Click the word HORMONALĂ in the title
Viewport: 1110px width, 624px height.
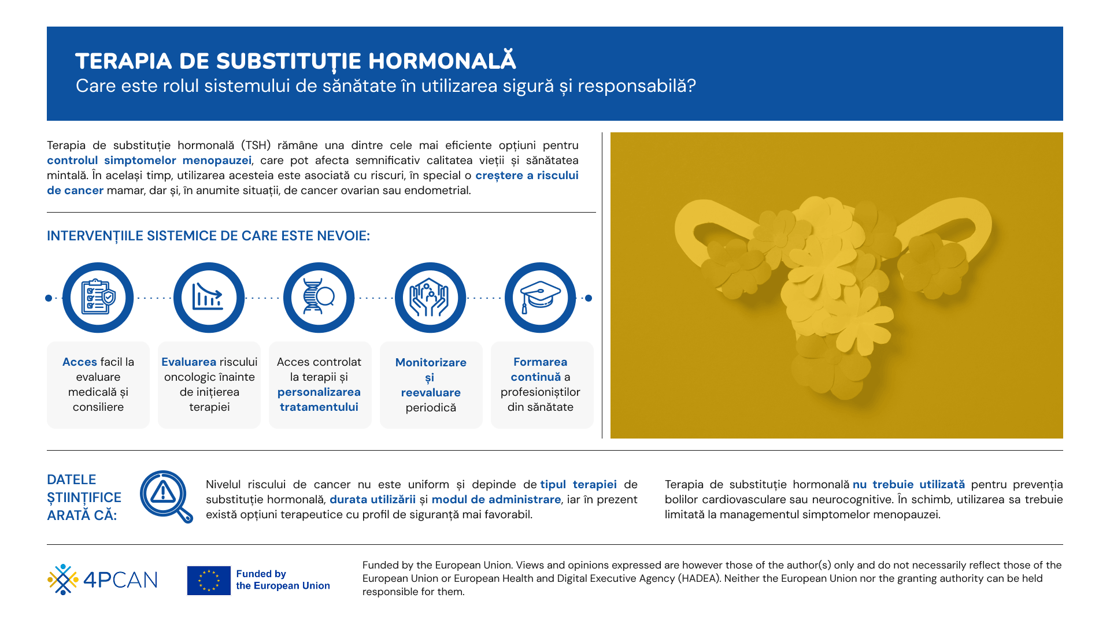tap(442, 61)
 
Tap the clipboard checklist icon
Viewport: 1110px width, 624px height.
tap(98, 298)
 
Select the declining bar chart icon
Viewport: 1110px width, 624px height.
tap(209, 298)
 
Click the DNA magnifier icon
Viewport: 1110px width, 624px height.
tap(319, 298)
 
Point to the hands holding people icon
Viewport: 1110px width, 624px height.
tap(430, 298)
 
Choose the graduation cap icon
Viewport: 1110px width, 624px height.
tap(541, 298)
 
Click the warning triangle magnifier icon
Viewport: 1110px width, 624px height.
tap(166, 496)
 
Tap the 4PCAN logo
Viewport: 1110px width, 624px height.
tap(102, 580)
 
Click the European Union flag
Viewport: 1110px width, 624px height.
tap(209, 580)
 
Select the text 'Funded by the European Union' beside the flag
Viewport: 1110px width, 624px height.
tap(283, 580)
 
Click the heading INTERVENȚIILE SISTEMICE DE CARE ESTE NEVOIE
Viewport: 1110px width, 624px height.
tap(208, 236)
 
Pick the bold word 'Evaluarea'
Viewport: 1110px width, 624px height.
tap(188, 362)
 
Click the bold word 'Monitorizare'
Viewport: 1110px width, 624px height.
tap(431, 362)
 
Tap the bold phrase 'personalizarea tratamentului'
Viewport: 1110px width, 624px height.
tap(319, 399)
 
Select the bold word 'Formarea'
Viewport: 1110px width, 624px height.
tap(541, 362)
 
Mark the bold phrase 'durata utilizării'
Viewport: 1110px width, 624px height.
tap(372, 499)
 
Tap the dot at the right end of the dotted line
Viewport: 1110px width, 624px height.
tap(589, 298)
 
